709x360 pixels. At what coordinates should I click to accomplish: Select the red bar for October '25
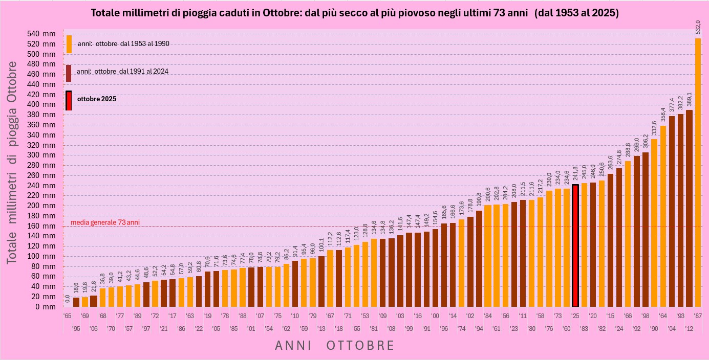(x=575, y=245)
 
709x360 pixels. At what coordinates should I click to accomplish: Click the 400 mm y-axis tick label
(x=42, y=104)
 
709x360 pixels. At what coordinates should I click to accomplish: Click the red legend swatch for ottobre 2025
(x=69, y=101)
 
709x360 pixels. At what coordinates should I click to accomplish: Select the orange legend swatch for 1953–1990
(x=69, y=44)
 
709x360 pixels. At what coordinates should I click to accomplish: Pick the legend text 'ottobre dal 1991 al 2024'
(x=123, y=72)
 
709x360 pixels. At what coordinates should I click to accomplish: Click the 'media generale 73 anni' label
(x=105, y=222)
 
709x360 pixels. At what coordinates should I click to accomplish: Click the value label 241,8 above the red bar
(x=575, y=174)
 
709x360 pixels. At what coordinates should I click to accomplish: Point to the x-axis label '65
(x=67, y=317)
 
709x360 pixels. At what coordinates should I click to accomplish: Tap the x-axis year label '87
(x=698, y=317)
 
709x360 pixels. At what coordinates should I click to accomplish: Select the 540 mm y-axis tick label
(x=42, y=34)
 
